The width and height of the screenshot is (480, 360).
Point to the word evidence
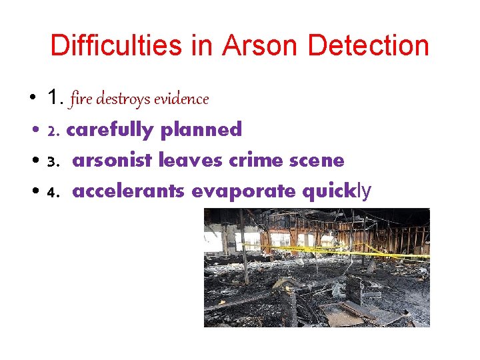pyautogui.click(x=181, y=99)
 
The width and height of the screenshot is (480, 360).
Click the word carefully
pyautogui.click(x=110, y=129)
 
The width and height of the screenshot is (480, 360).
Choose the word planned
pyautogui.click(x=201, y=129)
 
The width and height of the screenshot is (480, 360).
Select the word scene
pyautogui.click(x=317, y=161)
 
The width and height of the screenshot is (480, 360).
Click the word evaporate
pyautogui.click(x=245, y=191)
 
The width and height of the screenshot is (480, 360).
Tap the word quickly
pyautogui.click(x=337, y=192)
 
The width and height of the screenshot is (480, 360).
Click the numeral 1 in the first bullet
pyautogui.click(x=53, y=98)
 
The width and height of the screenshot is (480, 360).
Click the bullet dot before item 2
pyautogui.click(x=33, y=130)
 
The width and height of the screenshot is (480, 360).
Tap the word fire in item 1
pyautogui.click(x=81, y=99)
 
